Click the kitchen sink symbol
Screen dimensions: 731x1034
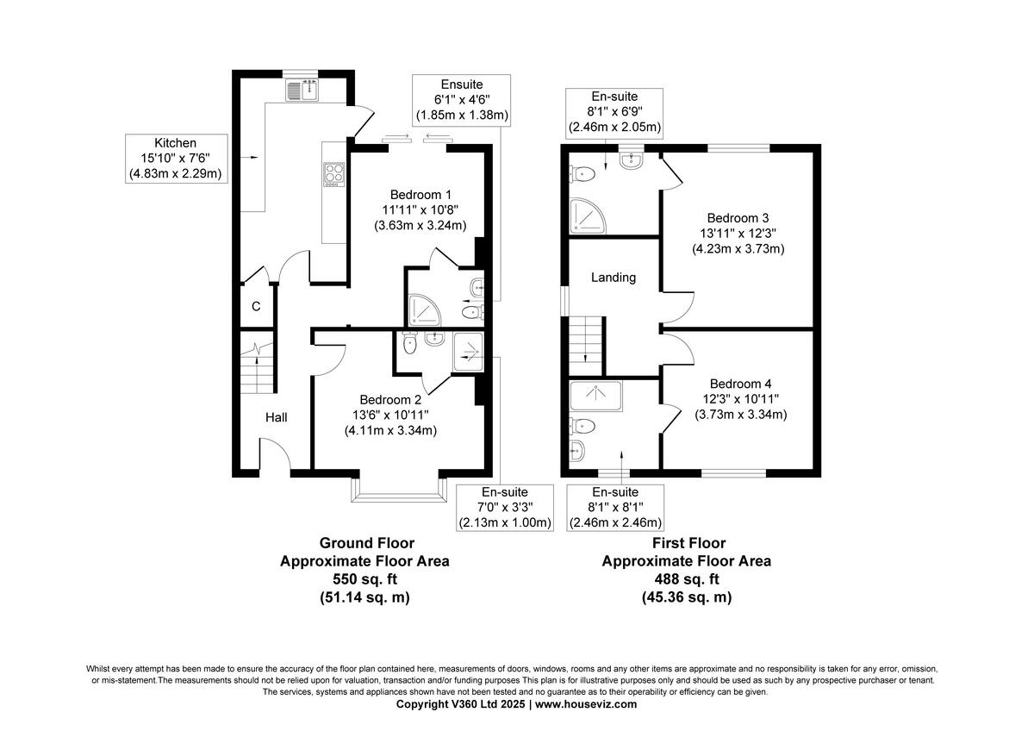[x=302, y=89]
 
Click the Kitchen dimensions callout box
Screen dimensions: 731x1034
[x=176, y=159]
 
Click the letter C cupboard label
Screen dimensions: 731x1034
[x=256, y=307]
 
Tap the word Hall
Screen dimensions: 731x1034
[x=276, y=417]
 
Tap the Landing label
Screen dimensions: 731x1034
[x=614, y=278]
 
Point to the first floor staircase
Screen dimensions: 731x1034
[x=586, y=340]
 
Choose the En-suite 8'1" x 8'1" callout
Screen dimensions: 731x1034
[x=614, y=508]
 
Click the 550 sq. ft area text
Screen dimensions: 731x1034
[x=364, y=579]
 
